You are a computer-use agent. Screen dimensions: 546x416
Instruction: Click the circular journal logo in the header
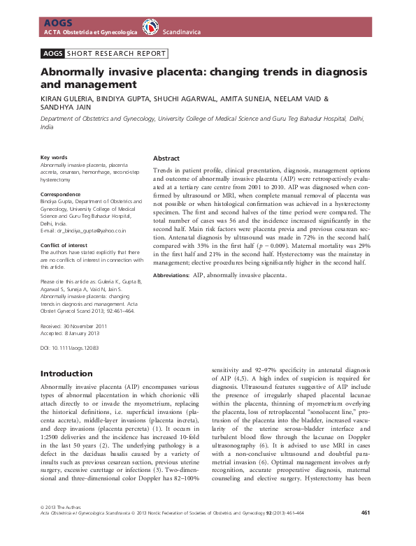tap(150, 27)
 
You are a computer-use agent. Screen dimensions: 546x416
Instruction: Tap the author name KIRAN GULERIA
tap(67, 99)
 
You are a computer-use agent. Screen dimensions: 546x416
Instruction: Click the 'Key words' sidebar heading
tap(54, 157)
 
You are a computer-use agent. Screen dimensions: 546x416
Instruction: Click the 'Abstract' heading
tap(166, 158)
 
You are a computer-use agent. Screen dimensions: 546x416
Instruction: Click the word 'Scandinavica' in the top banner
tap(184, 32)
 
